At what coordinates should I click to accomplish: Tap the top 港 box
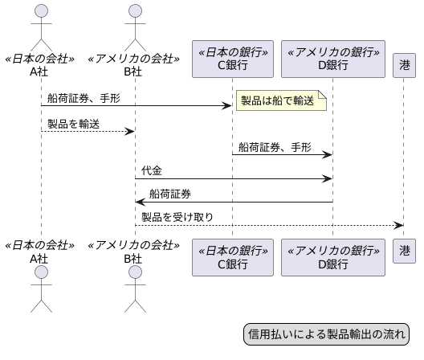(404, 64)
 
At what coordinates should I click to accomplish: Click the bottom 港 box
(404, 251)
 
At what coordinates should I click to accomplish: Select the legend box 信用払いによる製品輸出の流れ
(326, 334)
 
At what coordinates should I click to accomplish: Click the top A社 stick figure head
(41, 11)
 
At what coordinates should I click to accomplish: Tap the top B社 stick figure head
(135, 11)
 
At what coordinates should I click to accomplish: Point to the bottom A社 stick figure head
(41, 276)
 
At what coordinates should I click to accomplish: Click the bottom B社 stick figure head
(135, 276)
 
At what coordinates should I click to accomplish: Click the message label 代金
(153, 171)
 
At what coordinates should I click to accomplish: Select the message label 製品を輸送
(73, 124)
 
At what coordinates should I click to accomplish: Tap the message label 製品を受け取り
(177, 217)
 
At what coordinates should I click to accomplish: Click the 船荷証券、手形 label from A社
(83, 99)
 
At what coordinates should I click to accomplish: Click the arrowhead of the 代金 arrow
(328, 178)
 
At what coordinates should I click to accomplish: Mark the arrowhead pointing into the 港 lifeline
(399, 225)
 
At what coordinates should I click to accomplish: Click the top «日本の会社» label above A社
(41, 59)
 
